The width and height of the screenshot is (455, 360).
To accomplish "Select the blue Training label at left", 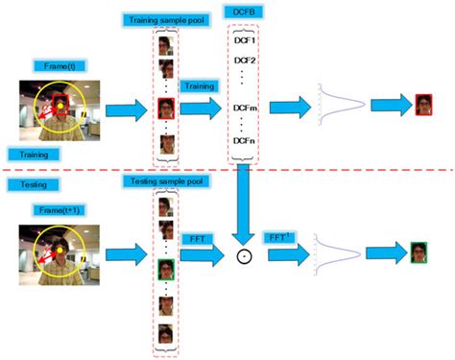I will coord(30,154).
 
